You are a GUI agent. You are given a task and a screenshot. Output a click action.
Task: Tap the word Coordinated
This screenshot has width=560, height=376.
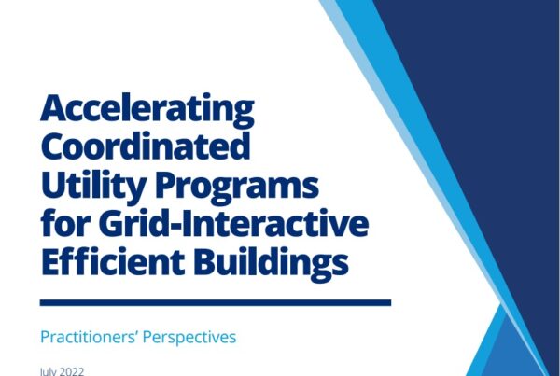coord(146,146)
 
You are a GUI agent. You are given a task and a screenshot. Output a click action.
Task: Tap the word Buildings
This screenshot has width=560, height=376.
coord(271,263)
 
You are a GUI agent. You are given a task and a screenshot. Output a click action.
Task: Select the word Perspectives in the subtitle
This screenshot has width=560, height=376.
coord(189,338)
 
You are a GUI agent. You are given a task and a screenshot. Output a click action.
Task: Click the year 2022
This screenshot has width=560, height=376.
coord(73,371)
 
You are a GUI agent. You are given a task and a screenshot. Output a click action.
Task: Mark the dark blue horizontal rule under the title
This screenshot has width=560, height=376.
coord(216,303)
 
